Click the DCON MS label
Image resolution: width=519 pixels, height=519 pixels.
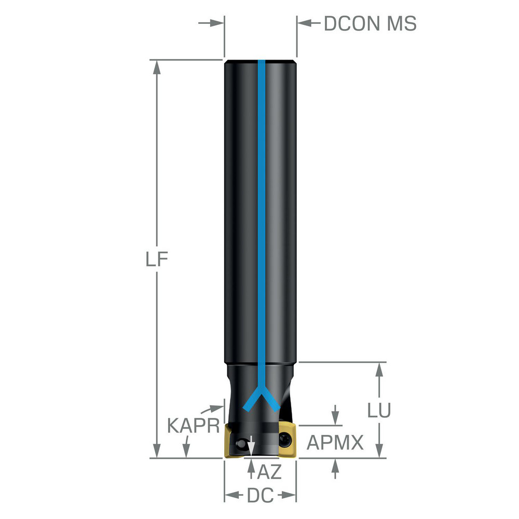click(x=370, y=24)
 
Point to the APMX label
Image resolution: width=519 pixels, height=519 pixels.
click(x=335, y=443)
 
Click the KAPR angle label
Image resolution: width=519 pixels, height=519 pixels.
click(x=193, y=426)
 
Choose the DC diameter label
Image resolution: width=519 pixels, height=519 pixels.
click(x=260, y=496)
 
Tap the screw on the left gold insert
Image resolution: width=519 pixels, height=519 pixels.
click(x=240, y=444)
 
